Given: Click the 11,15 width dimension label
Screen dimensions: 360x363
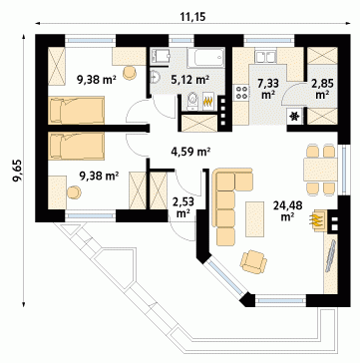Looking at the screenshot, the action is tap(193, 17).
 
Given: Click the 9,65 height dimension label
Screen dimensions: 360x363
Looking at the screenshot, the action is tap(17, 171).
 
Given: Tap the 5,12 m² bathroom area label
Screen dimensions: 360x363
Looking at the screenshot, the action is tap(190, 79).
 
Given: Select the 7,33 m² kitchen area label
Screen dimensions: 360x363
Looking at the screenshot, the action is tap(267, 89).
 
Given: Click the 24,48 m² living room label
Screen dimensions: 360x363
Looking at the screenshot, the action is tap(288, 210).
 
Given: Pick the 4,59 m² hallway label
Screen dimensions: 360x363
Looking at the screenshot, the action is tap(191, 153).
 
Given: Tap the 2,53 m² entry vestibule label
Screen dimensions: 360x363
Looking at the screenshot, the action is tap(182, 206).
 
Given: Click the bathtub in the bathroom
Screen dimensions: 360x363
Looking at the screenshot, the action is tap(205, 57).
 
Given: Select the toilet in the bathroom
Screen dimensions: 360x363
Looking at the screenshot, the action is tap(192, 101).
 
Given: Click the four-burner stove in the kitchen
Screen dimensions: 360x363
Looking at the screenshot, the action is tap(241, 92).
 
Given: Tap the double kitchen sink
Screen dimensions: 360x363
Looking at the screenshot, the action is tap(265, 56).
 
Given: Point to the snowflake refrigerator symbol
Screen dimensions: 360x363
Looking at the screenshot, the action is tap(294, 117).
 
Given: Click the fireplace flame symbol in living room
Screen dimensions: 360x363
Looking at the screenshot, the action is tap(316, 219).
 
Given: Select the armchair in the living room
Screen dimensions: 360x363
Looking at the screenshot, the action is tap(253, 261).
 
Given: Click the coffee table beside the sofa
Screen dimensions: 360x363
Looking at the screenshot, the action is tap(254, 219).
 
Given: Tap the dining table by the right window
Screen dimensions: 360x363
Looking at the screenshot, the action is tap(320, 170).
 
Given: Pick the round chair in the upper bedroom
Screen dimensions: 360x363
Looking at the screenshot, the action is tap(130, 73).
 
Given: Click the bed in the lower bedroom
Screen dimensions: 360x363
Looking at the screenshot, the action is tap(77, 146).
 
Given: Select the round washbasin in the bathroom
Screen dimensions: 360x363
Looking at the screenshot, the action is tap(155, 77).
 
